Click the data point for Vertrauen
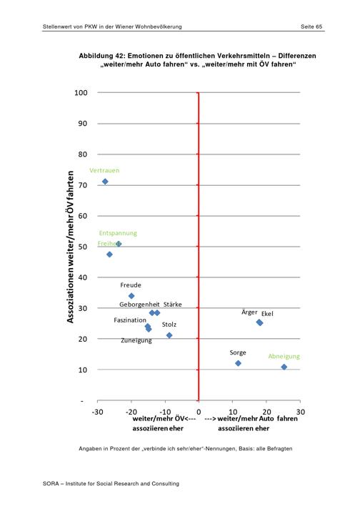tap(105, 182)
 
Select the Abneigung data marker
tap(284, 367)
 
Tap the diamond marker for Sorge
tap(238, 363)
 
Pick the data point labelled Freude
tap(131, 296)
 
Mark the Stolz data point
tap(169, 335)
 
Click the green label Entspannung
tap(118, 233)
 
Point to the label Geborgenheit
tap(139, 305)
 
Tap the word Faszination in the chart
tap(130, 320)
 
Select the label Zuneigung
tap(136, 340)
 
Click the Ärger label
tap(249, 312)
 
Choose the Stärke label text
tap(173, 305)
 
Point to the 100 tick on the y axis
tap(81, 92)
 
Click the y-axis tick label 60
tap(83, 216)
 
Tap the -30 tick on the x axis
tap(97, 412)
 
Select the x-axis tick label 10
tap(233, 412)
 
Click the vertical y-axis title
tap(71, 247)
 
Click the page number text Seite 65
tap(311, 26)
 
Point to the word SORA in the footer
tap(51, 484)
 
